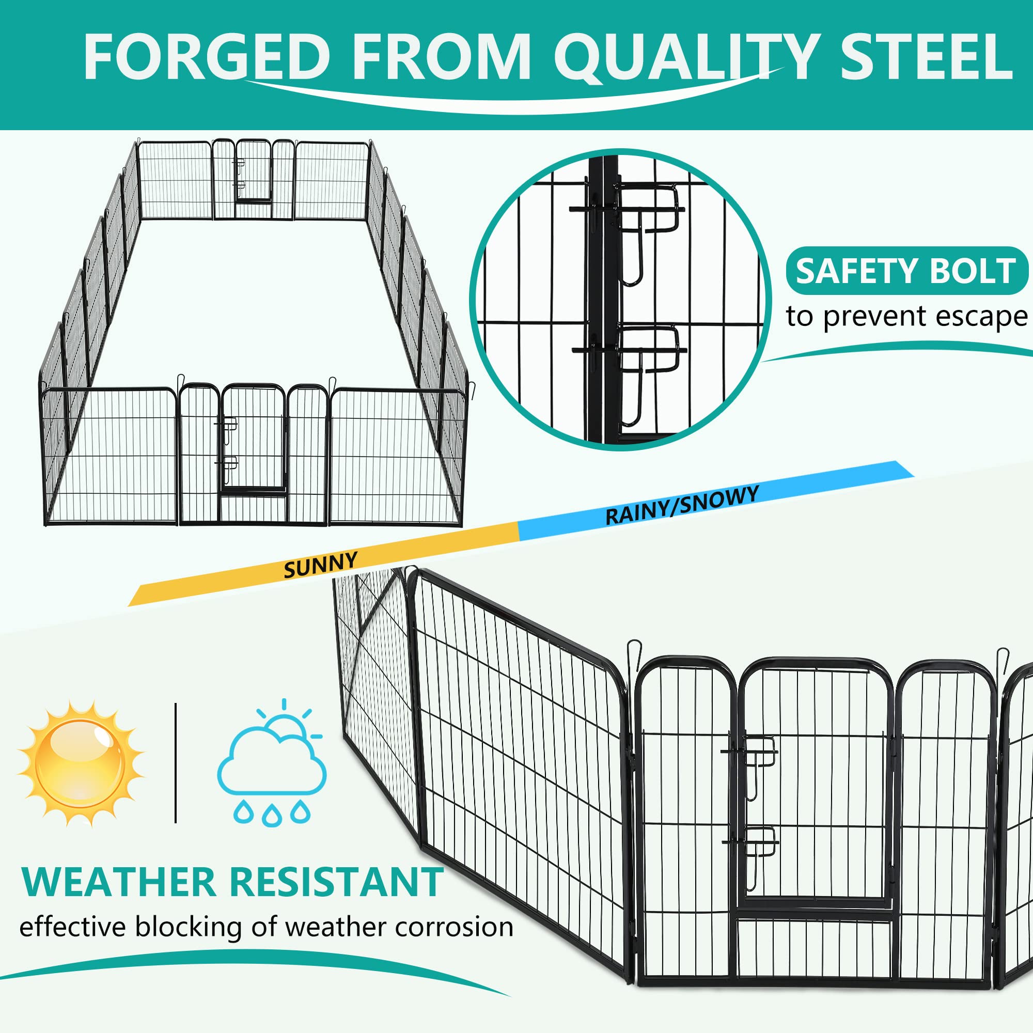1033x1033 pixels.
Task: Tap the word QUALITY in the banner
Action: click(684, 57)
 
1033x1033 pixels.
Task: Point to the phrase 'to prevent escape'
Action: click(906, 317)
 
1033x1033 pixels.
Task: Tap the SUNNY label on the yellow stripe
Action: click(320, 565)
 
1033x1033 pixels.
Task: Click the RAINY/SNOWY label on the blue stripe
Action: click(682, 505)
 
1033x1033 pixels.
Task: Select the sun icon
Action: click(81, 763)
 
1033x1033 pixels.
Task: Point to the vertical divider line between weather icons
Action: click(176, 763)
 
